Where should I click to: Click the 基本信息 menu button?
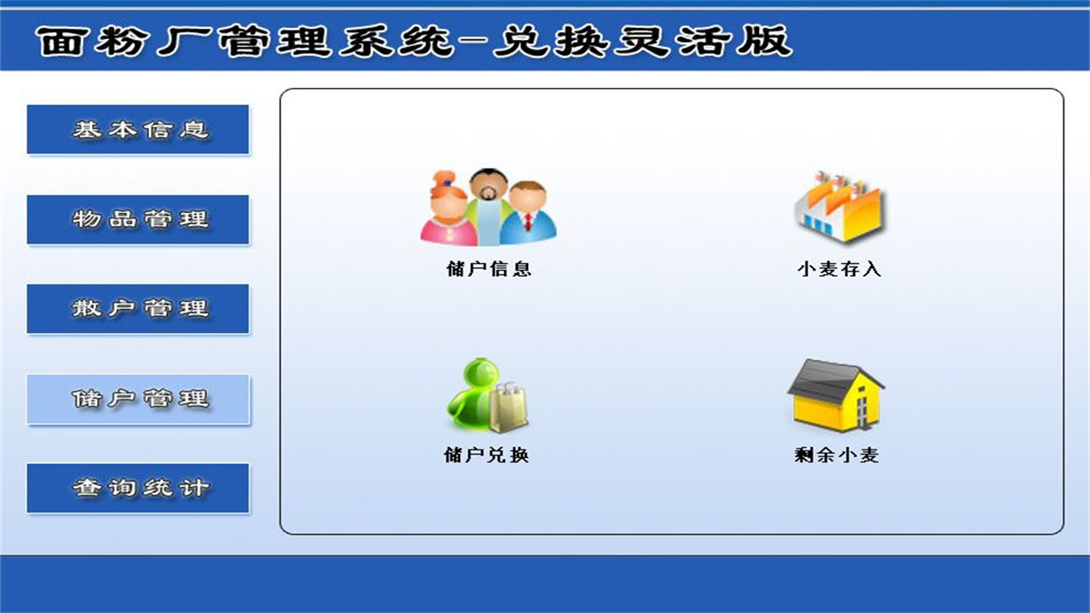[138, 129]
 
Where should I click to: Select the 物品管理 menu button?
[138, 220]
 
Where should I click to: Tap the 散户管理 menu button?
[138, 308]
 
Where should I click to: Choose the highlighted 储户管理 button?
[138, 398]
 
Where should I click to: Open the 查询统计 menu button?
[138, 488]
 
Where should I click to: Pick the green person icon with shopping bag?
[486, 395]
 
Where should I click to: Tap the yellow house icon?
[835, 395]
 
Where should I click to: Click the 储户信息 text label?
[488, 269]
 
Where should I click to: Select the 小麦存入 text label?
[838, 269]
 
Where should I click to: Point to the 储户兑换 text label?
[486, 455]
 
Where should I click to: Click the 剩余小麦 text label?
[835, 455]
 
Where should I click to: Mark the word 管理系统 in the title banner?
[336, 41]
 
